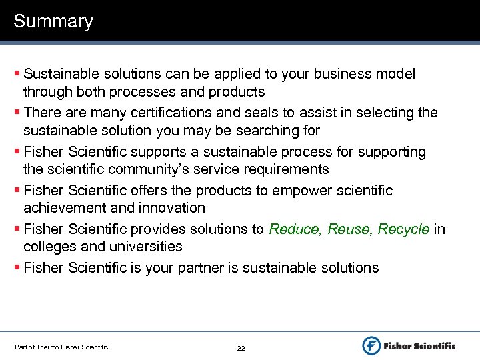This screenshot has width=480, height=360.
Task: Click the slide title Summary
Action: pos(53,21)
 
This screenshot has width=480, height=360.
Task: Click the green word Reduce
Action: pos(293,229)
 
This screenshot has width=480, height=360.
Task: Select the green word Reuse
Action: pos(347,229)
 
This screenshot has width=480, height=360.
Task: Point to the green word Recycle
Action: pos(403,229)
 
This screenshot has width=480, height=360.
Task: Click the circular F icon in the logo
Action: pos(371,345)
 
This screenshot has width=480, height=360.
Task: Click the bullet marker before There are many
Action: pos(17,112)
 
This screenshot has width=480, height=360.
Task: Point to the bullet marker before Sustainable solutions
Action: pos(17,73)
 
